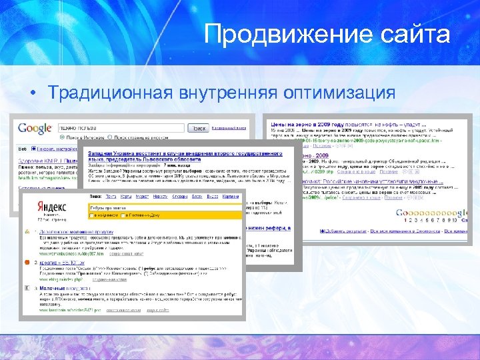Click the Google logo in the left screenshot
(x=34, y=129)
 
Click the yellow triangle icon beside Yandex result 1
(x=27, y=231)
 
